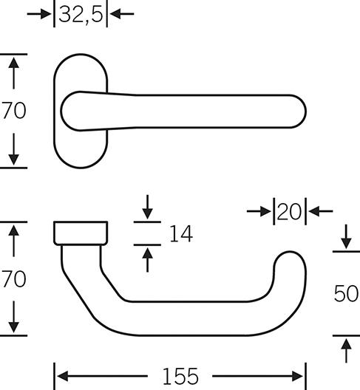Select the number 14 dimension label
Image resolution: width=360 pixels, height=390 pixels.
tap(180, 234)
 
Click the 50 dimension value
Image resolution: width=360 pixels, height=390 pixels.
tap(346, 293)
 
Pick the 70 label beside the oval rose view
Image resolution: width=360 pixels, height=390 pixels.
tap(14, 111)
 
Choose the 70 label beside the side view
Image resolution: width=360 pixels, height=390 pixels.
tap(14, 279)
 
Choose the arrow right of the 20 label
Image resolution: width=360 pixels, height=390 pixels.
tap(319, 212)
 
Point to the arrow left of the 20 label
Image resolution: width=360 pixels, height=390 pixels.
tap(260, 212)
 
